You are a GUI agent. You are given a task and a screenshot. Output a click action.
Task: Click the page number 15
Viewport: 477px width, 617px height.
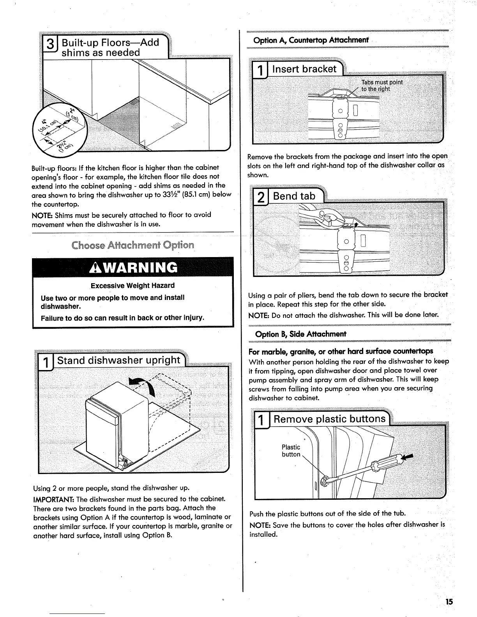pyautogui.click(x=449, y=602)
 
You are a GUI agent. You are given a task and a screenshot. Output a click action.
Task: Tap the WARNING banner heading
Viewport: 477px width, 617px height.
pyautogui.click(x=133, y=267)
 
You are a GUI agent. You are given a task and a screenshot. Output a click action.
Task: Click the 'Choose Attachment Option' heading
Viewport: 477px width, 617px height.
pyautogui.click(x=132, y=245)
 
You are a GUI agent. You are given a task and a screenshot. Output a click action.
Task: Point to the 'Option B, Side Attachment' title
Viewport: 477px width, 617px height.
pyautogui.click(x=300, y=334)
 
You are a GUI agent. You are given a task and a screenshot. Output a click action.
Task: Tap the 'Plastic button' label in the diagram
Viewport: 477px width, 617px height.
pyautogui.click(x=291, y=451)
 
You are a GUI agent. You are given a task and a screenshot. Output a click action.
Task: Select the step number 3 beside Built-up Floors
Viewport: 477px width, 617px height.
pyautogui.click(x=50, y=47)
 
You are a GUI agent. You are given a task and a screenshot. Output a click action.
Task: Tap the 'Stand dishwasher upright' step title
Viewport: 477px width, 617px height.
pyautogui.click(x=119, y=360)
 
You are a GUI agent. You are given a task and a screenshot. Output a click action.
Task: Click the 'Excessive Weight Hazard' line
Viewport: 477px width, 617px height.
pyautogui.click(x=132, y=286)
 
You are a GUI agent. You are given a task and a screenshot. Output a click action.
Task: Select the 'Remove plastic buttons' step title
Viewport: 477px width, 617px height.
pyautogui.click(x=329, y=419)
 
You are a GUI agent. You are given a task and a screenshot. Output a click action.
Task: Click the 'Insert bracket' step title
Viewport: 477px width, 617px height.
pyautogui.click(x=304, y=69)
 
